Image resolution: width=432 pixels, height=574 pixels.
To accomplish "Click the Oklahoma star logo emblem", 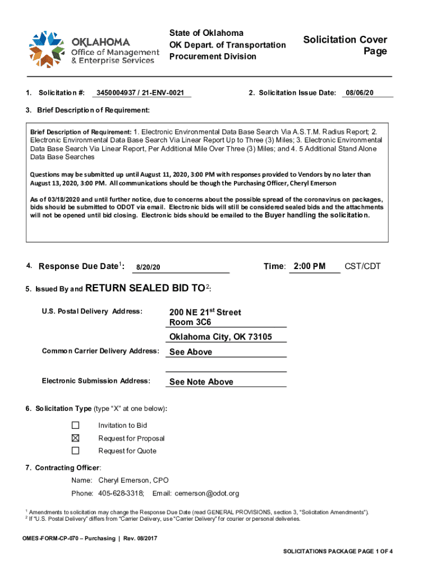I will pos(49,47).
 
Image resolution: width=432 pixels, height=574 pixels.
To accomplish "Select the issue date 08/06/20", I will pos(360,92).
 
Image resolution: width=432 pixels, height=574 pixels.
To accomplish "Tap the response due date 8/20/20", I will pos(148,267).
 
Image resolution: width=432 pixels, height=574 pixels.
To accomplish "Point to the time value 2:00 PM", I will pos(309,266).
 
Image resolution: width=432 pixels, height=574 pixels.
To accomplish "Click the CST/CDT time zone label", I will pos(362,266).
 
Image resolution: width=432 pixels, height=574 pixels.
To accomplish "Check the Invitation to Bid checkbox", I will pos(75,425).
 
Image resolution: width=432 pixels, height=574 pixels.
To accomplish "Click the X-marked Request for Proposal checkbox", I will pos(75,438).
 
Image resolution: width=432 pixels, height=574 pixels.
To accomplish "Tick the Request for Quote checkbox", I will pos(75,451).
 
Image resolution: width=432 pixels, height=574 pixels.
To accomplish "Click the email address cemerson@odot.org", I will pos(206,493).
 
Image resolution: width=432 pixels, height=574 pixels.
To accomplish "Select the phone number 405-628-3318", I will pos(121,493).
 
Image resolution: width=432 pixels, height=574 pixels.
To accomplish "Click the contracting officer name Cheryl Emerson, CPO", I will pos(133,480).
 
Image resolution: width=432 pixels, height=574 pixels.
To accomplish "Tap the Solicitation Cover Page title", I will pos(345,45).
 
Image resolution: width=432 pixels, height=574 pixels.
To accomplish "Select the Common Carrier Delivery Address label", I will pos(100,351).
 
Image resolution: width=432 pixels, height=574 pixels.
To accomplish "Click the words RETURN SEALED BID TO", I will pos(145,288).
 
